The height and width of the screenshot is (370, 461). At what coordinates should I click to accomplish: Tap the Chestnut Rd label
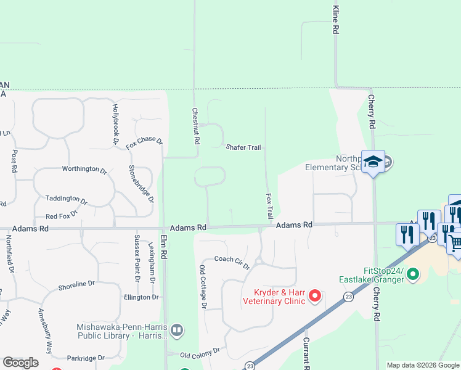click(x=196, y=126)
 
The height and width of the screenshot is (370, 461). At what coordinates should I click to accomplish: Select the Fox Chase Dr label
click(x=144, y=143)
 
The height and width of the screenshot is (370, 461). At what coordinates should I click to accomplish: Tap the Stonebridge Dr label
click(x=141, y=183)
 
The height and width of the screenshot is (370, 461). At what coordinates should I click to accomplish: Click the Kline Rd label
click(x=336, y=20)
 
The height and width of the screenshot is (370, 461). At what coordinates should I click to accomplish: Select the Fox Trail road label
click(x=269, y=206)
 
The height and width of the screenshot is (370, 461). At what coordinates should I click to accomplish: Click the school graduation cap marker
click(x=373, y=162)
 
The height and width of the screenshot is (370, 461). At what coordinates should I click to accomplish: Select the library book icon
click(x=177, y=330)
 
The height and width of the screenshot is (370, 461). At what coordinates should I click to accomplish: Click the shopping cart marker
click(x=454, y=242)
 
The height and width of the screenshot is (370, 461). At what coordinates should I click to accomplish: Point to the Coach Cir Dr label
click(x=232, y=262)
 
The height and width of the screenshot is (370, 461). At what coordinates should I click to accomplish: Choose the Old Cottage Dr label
click(x=203, y=287)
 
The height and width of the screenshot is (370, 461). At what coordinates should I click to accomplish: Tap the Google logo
click(x=20, y=363)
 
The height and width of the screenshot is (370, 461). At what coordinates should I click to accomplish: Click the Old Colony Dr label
click(x=200, y=355)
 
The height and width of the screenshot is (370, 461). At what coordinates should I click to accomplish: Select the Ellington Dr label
click(x=141, y=297)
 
